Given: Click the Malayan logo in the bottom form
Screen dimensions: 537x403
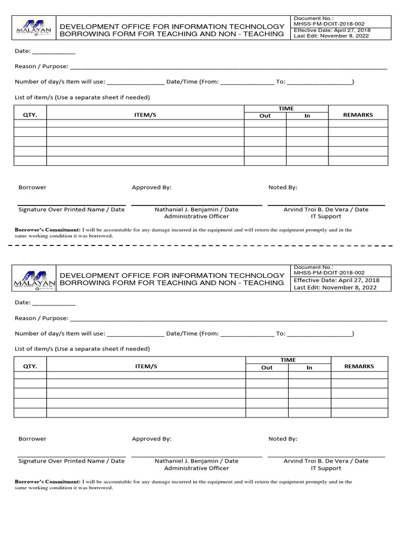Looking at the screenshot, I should click(x=35, y=278).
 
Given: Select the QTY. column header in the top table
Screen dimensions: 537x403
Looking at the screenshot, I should click(x=30, y=115).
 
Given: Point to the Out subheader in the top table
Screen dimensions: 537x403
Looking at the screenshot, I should click(x=265, y=116).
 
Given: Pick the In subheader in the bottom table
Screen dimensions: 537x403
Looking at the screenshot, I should click(x=309, y=368).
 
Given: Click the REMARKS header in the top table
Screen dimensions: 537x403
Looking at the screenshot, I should click(x=357, y=114).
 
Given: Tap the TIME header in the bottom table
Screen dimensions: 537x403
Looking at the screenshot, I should click(x=288, y=360).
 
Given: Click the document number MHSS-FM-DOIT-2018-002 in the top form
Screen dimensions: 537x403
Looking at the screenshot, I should click(x=329, y=24).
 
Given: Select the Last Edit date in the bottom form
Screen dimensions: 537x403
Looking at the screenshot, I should click(x=335, y=287).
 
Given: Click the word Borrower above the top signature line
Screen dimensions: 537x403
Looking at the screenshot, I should click(x=33, y=187).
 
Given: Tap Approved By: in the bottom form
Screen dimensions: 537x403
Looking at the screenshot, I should click(x=152, y=438).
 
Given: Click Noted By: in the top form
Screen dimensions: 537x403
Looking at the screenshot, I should click(x=283, y=187).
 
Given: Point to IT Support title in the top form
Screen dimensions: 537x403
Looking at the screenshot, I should click(x=326, y=217).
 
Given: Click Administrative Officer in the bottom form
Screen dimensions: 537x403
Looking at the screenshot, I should click(x=196, y=468).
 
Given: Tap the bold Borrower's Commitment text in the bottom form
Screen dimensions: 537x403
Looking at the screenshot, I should click(x=47, y=481).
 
